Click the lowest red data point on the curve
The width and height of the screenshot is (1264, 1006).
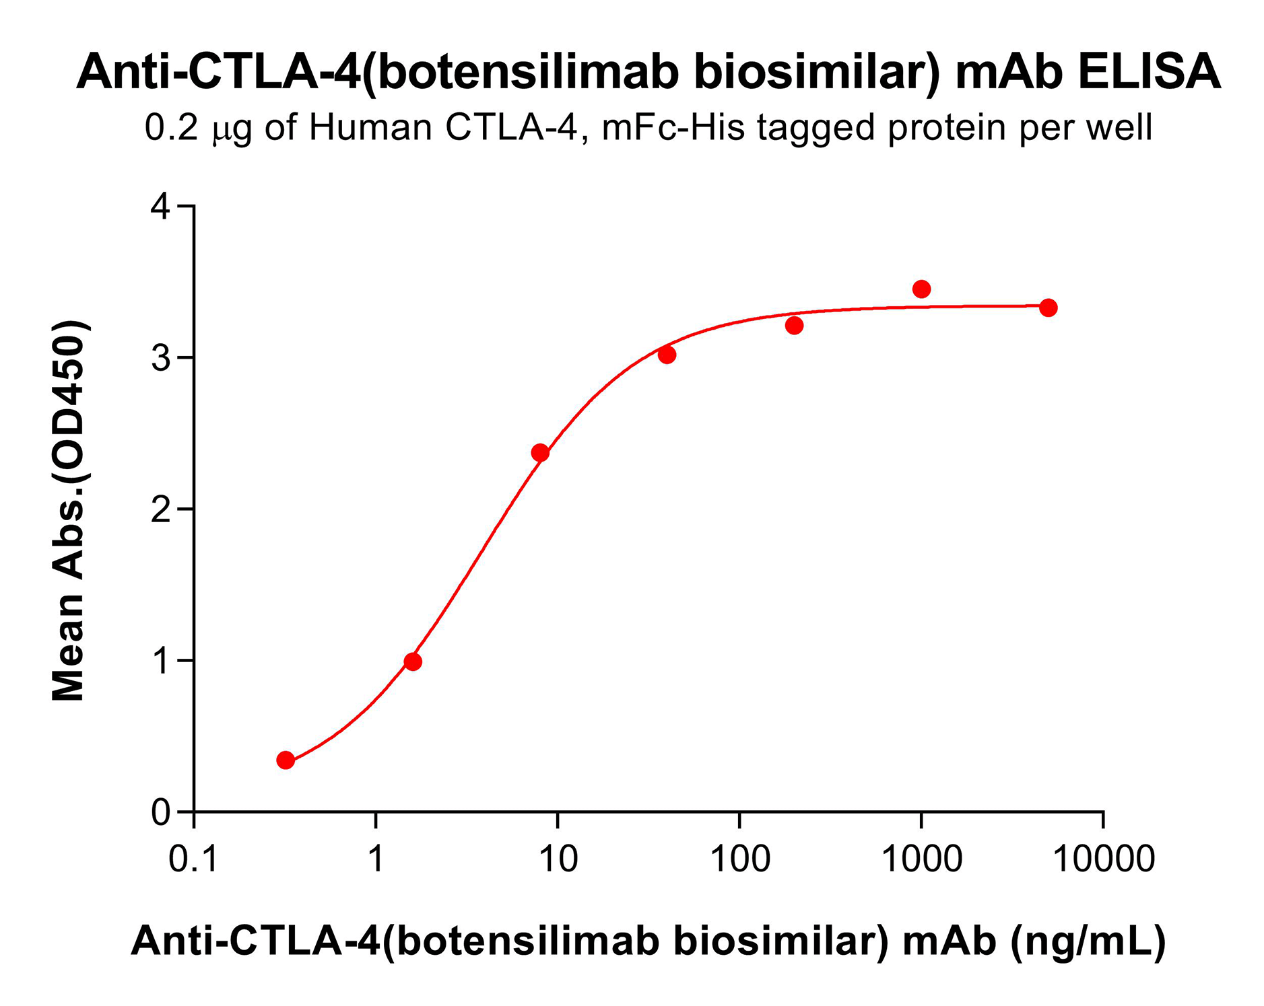coord(286,760)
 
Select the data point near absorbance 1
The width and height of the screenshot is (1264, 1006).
coord(413,662)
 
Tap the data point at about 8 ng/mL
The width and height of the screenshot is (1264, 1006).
coord(540,453)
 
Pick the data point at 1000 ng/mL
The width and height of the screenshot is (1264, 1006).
coord(921,289)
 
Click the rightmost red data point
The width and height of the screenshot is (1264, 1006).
coord(1048,308)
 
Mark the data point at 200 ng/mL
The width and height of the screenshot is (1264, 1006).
coord(794,326)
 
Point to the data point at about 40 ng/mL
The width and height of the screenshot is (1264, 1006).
coord(667,355)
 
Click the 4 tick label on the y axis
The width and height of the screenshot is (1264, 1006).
coord(161,207)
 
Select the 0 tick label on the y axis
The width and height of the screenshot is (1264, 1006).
coord(161,813)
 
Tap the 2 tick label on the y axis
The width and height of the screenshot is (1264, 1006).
coord(161,510)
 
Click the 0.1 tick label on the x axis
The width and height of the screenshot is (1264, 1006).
coord(193,859)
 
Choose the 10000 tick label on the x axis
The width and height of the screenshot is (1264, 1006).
coord(1103,859)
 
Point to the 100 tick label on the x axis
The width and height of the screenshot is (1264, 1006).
coord(739,859)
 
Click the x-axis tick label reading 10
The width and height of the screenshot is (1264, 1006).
coord(558,859)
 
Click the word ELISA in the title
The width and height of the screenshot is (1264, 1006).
coord(1149,72)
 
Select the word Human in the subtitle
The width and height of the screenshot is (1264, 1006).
coord(370,127)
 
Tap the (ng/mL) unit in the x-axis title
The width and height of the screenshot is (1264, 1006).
coord(1088,940)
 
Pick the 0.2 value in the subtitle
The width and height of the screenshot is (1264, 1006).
coord(171,127)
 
